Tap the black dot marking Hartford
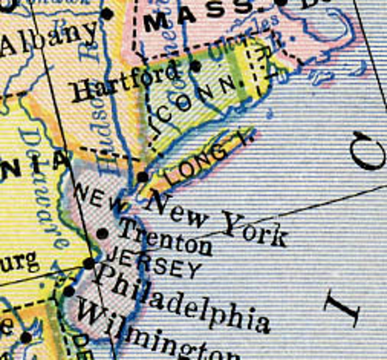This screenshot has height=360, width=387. pos(196,66)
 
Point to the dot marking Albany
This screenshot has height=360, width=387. pos(107,14)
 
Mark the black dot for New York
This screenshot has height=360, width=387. pos(142,177)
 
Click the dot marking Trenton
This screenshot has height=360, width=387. pos(102,234)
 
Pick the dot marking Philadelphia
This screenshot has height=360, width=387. pos(89,264)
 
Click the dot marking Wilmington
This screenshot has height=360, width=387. pos(69,292)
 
